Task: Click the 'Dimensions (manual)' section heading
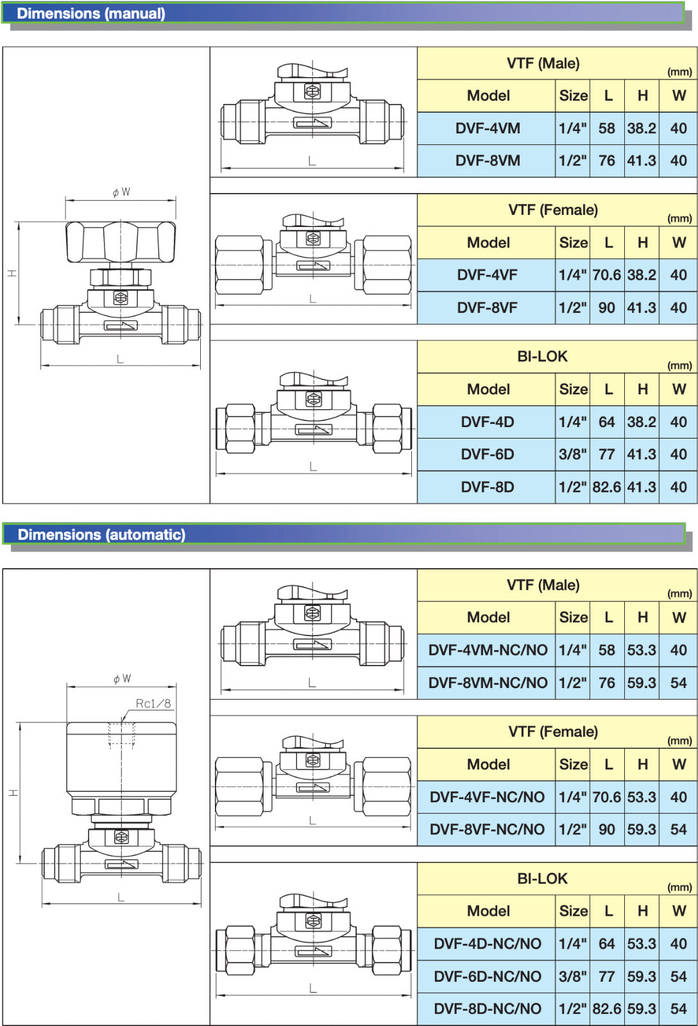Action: click(x=90, y=13)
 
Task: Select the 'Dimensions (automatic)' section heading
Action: click(x=101, y=535)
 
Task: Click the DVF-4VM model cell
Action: click(x=488, y=128)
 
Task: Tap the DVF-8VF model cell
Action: click(x=487, y=307)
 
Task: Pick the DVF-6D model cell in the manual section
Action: click(x=487, y=455)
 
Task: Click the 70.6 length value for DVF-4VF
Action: click(x=606, y=275)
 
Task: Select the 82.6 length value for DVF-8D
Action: click(x=606, y=487)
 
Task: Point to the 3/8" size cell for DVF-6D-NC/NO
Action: click(x=572, y=976)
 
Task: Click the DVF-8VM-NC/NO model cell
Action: click(x=488, y=683)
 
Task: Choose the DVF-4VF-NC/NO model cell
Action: click(x=487, y=797)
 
